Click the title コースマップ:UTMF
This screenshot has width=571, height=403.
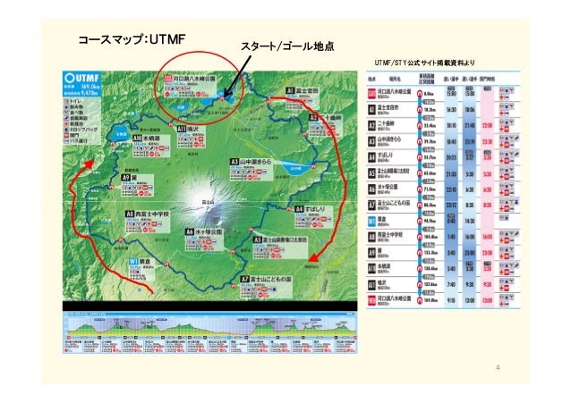(x=131, y=41)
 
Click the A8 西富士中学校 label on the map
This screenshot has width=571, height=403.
(x=154, y=215)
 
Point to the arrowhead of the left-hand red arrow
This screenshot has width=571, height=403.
(x=90, y=164)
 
